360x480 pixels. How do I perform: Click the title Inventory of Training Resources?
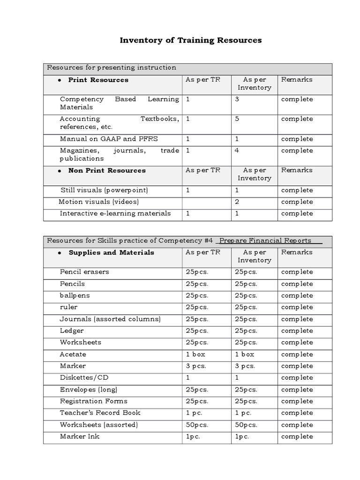(x=191, y=40)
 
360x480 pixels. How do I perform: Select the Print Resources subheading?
(x=98, y=80)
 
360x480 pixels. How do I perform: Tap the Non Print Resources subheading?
(x=107, y=171)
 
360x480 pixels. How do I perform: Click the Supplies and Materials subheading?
(x=111, y=253)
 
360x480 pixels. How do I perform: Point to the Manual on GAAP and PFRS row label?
(x=102, y=139)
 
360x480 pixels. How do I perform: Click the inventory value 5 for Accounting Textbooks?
(x=237, y=119)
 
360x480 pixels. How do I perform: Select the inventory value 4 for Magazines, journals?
(x=237, y=150)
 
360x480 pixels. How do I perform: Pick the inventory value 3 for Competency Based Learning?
(x=237, y=99)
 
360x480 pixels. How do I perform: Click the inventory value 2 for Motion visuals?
(x=237, y=202)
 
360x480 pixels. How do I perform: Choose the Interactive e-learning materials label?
(x=115, y=214)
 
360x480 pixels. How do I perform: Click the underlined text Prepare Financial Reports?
(x=265, y=241)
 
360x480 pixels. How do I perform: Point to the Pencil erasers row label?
(x=84, y=272)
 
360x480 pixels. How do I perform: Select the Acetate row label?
(x=73, y=354)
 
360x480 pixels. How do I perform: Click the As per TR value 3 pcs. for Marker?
(x=195, y=366)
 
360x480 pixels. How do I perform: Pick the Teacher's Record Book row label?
(x=100, y=413)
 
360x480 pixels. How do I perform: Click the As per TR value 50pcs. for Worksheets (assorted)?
(x=197, y=425)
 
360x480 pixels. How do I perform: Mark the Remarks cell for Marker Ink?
(x=297, y=436)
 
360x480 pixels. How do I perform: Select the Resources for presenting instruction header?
(x=112, y=67)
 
